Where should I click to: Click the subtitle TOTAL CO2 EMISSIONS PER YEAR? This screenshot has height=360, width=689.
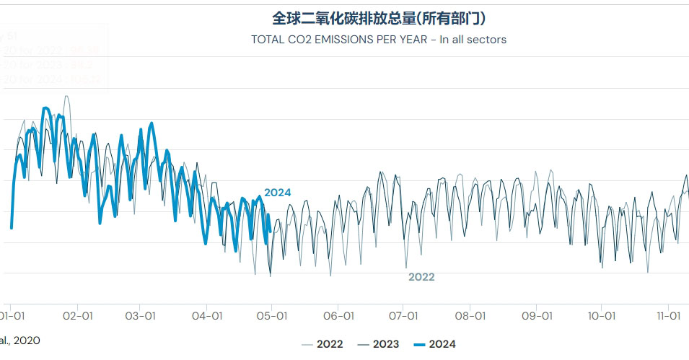coord(379,40)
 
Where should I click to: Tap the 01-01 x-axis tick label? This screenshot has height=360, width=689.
coord(14,316)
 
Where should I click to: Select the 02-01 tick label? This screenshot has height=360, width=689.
coord(78,316)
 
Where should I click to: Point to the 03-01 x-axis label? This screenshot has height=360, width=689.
coord(140,316)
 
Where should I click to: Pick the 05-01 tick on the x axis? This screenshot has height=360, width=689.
coord(272,316)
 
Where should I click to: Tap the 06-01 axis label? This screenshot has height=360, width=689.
coord(338,316)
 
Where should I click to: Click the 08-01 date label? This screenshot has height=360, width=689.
coord(470,316)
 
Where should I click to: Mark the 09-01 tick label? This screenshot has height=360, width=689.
coord(536,316)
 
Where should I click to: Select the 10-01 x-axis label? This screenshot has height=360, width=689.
coord(601,316)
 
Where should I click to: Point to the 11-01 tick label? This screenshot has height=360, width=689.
coord(669,316)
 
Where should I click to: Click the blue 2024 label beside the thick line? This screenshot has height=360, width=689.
coord(278,193)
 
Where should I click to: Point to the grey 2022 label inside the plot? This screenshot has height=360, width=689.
coord(421,277)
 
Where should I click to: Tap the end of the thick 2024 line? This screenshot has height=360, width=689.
coord(269,232)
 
